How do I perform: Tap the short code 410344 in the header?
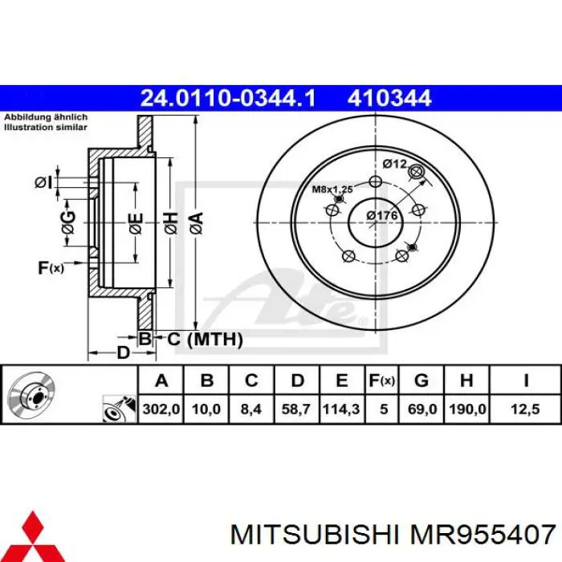point(389,99)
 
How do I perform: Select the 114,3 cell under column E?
point(340,409)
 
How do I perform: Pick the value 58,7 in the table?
point(296,409)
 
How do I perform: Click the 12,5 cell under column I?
point(525,409)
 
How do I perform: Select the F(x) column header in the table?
point(383,381)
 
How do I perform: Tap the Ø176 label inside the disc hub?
point(383,215)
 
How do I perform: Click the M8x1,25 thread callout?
point(332,189)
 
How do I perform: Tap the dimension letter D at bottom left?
point(123,352)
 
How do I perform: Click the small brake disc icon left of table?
point(30,395)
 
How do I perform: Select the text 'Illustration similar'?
point(46,127)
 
